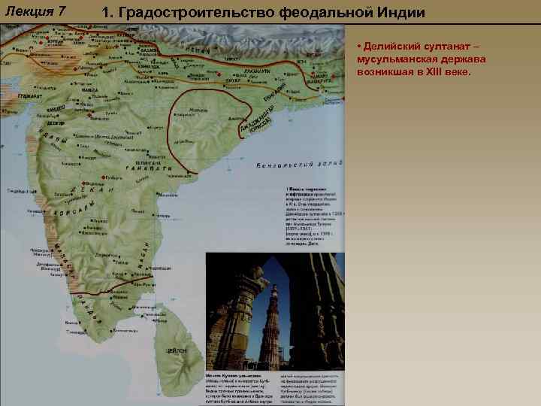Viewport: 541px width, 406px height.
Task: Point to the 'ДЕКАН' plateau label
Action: pyautogui.click(x=92, y=194)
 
